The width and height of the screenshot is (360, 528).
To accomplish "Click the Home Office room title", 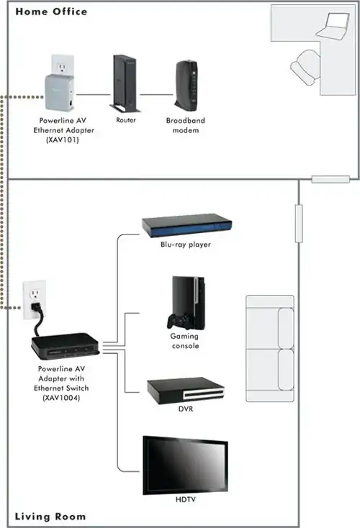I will pyautogui.click(x=51, y=12).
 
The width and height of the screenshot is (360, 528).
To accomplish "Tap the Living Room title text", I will pyautogui.click(x=50, y=516).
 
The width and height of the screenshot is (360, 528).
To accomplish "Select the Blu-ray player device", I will pyautogui.click(x=185, y=225).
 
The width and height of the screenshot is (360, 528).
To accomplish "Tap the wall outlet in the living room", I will pyautogui.click(x=35, y=297).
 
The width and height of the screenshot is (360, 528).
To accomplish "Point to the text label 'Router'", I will pyautogui.click(x=126, y=120).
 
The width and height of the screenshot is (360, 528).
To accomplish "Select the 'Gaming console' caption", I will pyautogui.click(x=184, y=341).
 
